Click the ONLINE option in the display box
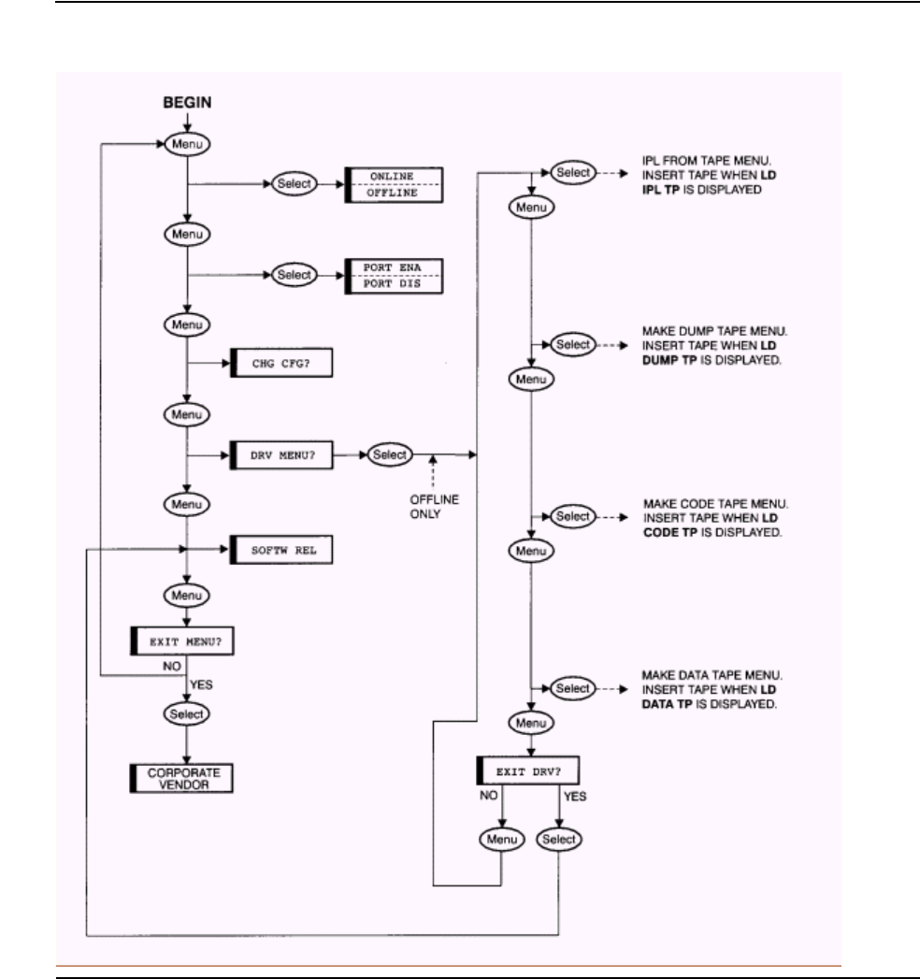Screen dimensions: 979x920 click(x=393, y=177)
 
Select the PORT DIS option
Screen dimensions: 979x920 click(x=393, y=287)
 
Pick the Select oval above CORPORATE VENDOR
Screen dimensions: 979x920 click(x=187, y=713)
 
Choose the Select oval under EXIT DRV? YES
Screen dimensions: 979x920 click(x=559, y=839)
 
